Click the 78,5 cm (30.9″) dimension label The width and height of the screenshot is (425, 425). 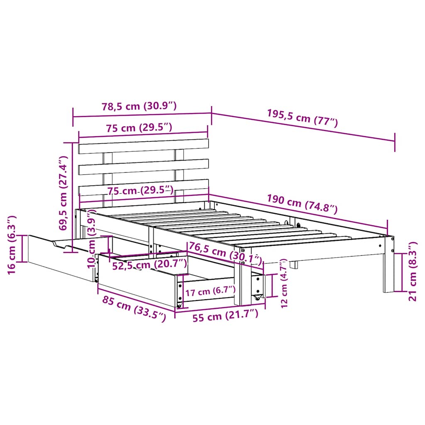pos(139,106)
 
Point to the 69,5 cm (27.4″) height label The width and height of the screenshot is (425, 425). pos(63,193)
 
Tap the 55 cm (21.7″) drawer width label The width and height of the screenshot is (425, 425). pos(227,317)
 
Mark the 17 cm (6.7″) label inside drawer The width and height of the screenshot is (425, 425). pos(210,291)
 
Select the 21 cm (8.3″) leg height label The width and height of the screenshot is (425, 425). pos(413,272)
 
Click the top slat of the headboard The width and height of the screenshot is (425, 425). pos(143,146)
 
